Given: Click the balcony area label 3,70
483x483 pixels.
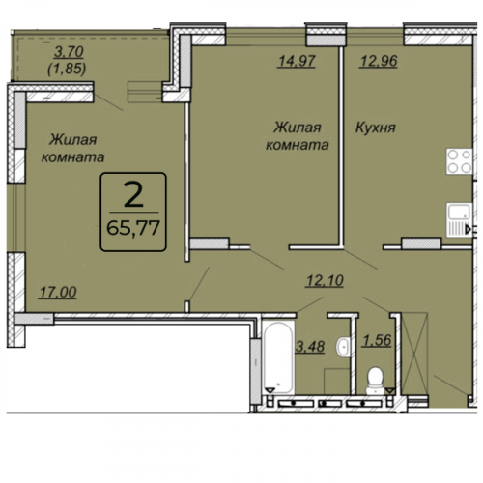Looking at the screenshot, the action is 69,52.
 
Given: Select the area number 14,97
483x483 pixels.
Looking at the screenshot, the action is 297,61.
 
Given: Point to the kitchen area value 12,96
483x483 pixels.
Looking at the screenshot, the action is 379,61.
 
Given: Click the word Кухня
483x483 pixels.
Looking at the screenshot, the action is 376,128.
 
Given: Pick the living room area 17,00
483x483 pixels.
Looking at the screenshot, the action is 58,293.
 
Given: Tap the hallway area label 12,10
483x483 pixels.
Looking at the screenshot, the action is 325,280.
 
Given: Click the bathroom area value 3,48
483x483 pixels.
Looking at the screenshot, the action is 310,347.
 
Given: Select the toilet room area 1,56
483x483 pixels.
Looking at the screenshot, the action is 377,340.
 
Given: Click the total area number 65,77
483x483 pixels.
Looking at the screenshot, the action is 133,228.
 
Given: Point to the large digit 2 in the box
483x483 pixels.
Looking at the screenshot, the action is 133,196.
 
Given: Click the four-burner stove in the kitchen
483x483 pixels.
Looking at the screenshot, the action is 459,161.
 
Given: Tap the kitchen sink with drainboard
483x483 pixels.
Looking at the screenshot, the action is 459,220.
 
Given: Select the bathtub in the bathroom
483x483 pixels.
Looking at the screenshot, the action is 278,356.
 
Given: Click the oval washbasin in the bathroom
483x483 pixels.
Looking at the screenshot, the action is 344,347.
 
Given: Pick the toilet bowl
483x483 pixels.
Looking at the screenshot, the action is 375,381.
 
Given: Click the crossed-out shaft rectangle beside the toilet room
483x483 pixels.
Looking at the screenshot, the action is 414,354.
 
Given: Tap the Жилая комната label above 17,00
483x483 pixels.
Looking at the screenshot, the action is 73,149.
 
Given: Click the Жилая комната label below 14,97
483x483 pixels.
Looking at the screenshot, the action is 297,136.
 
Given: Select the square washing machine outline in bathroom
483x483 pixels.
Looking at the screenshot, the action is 337,382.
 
